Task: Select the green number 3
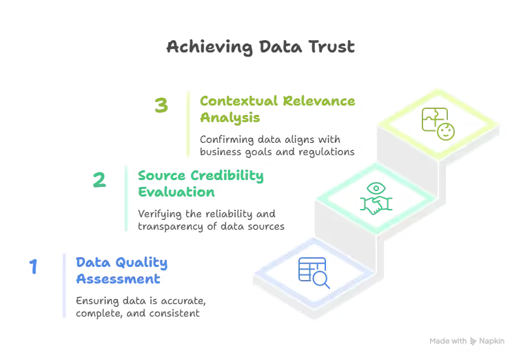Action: pyautogui.click(x=162, y=106)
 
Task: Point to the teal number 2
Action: pyautogui.click(x=100, y=180)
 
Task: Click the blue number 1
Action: pyautogui.click(x=32, y=266)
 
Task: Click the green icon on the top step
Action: pyautogui.click(x=437, y=124)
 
